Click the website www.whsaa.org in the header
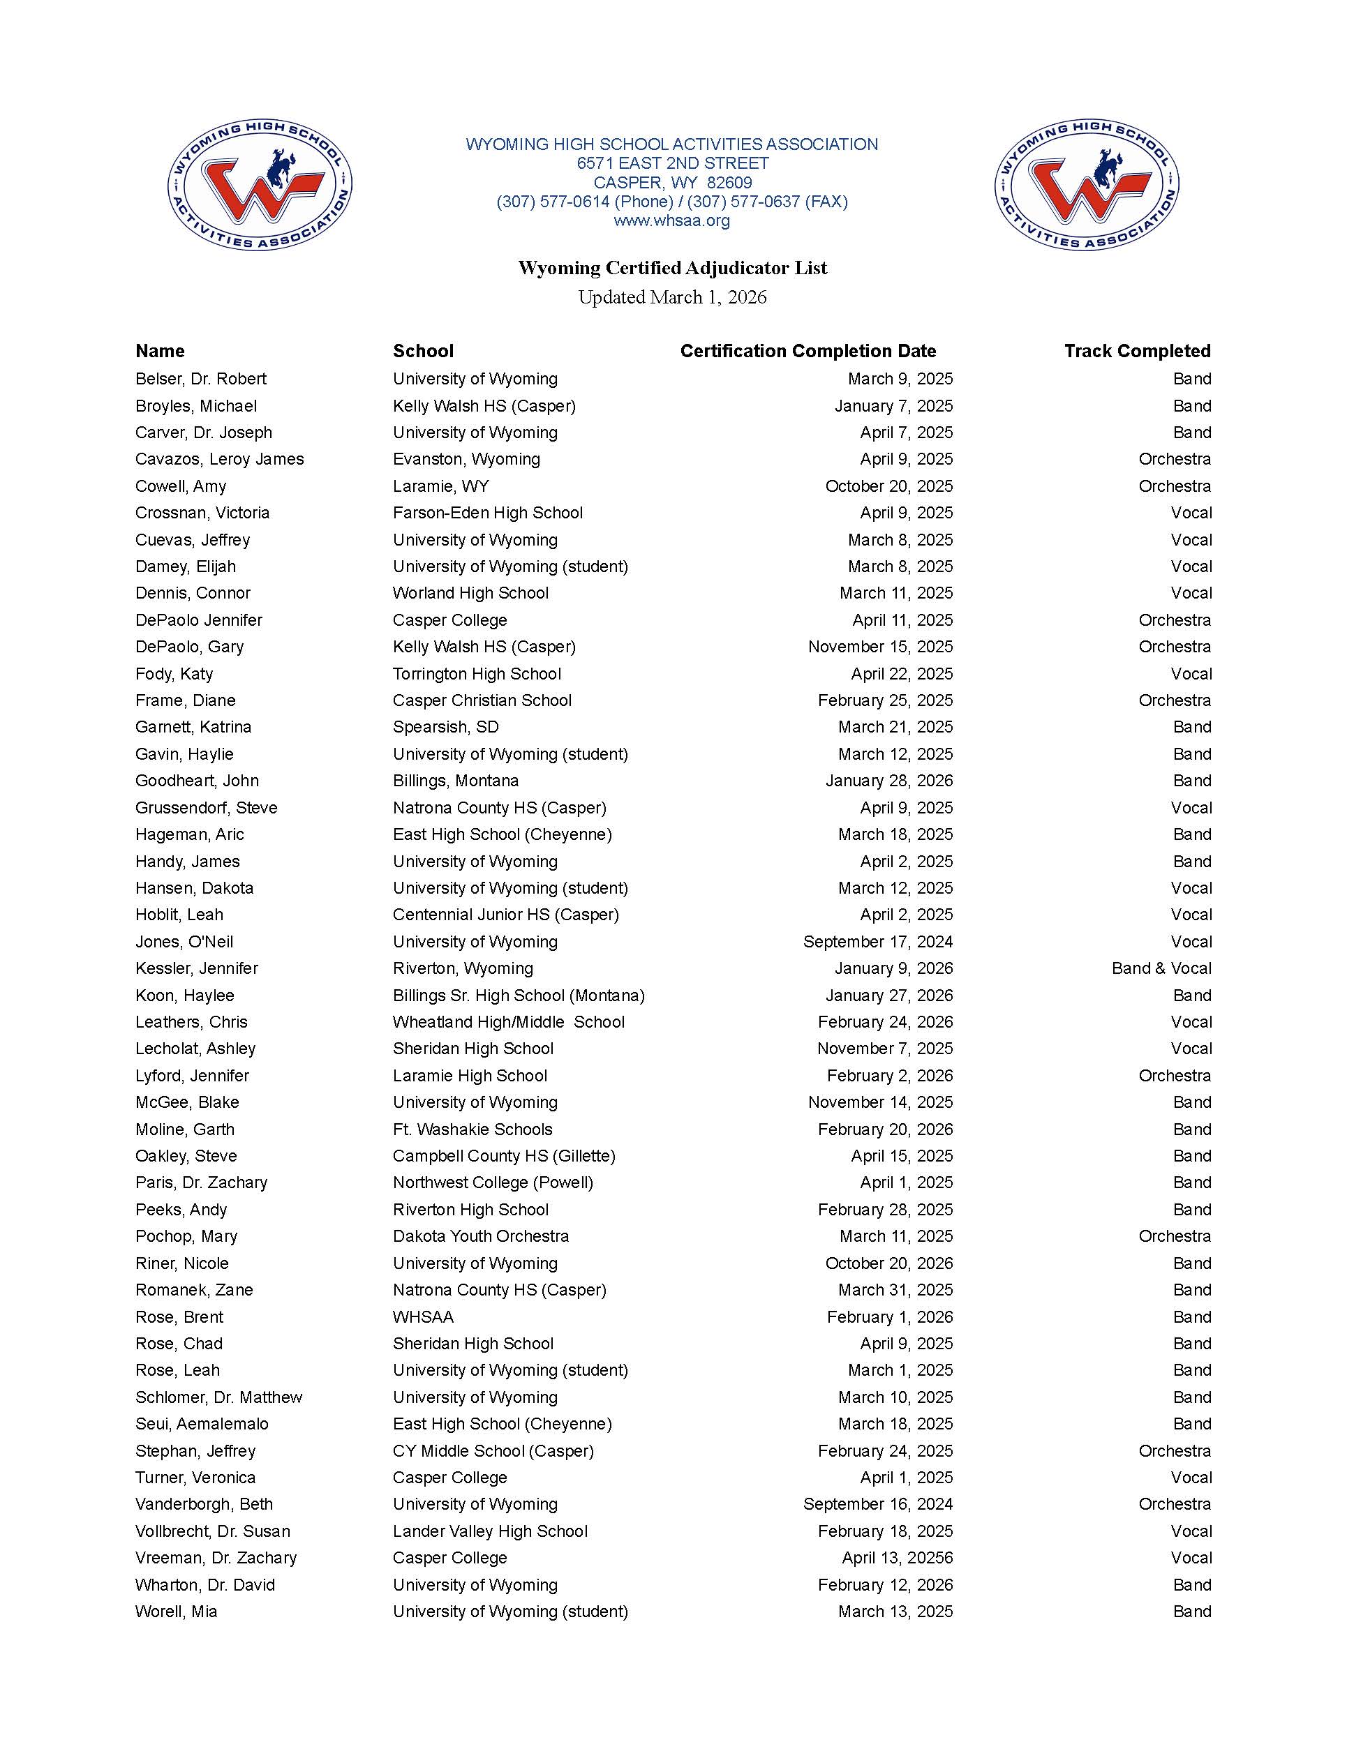pos(672,221)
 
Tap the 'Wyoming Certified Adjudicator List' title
pos(673,268)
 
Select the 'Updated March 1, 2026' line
pos(673,297)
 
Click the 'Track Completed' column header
pos(1137,351)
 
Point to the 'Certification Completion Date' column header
pos(808,351)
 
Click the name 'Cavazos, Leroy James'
pos(219,460)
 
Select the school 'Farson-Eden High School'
pos(488,513)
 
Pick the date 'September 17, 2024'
pos(878,942)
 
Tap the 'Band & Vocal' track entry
pos(1161,968)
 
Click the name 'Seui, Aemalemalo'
pos(202,1424)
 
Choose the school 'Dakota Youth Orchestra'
pos(480,1236)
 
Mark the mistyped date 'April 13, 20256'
pos(897,1558)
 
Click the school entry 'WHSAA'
pos(423,1317)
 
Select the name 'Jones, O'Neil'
pos(184,942)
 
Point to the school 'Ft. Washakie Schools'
pos(472,1129)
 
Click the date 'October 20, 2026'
pos(889,1263)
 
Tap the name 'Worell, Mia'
pos(177,1611)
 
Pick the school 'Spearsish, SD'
pos(445,728)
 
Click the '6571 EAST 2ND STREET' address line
pos(673,163)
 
